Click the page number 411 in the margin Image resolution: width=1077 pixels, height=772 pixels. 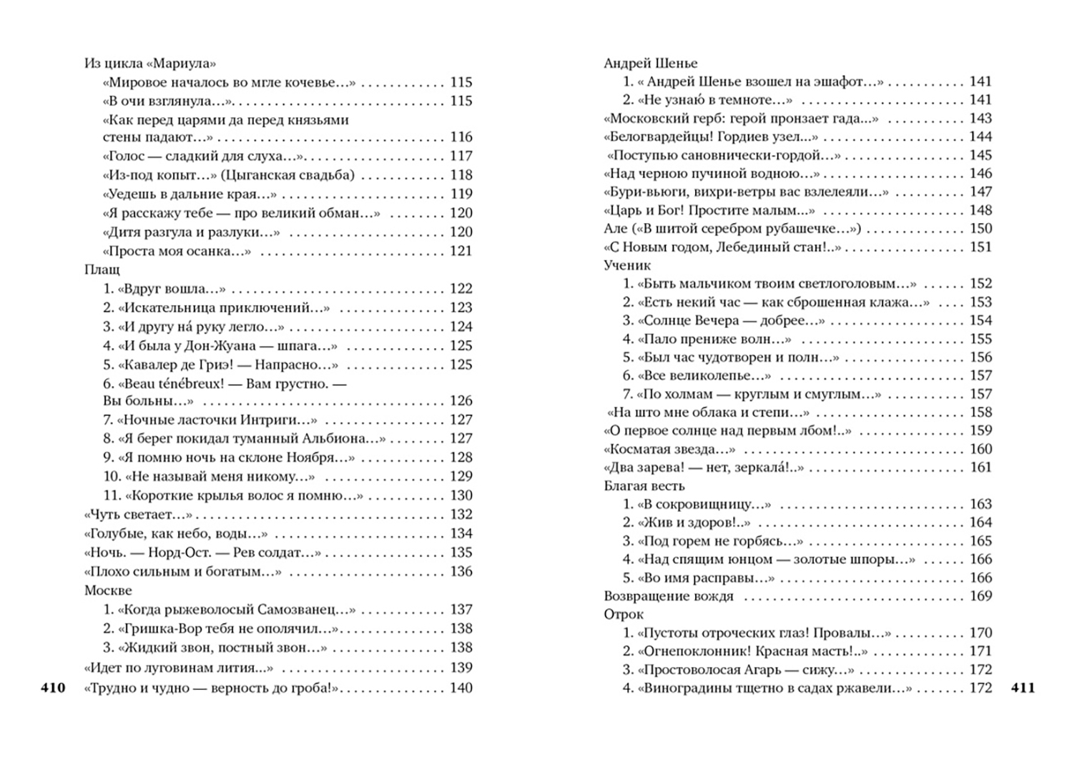click(x=1023, y=688)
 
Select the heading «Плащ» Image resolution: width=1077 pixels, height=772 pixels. click(x=102, y=270)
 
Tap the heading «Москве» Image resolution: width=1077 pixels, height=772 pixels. click(x=108, y=591)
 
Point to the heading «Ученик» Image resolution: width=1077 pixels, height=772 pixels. click(x=627, y=265)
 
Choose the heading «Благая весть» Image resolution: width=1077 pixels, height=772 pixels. click(x=644, y=486)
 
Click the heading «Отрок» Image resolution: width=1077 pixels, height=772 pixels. click(x=624, y=615)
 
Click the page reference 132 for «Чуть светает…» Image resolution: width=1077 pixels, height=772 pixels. click(x=461, y=515)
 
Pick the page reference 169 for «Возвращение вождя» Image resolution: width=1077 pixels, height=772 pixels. click(x=980, y=596)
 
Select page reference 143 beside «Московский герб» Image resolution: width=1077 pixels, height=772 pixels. click(x=980, y=119)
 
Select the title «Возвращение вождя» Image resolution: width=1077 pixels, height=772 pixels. click(x=669, y=596)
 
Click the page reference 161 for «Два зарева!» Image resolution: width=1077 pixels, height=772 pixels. click(x=980, y=467)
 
